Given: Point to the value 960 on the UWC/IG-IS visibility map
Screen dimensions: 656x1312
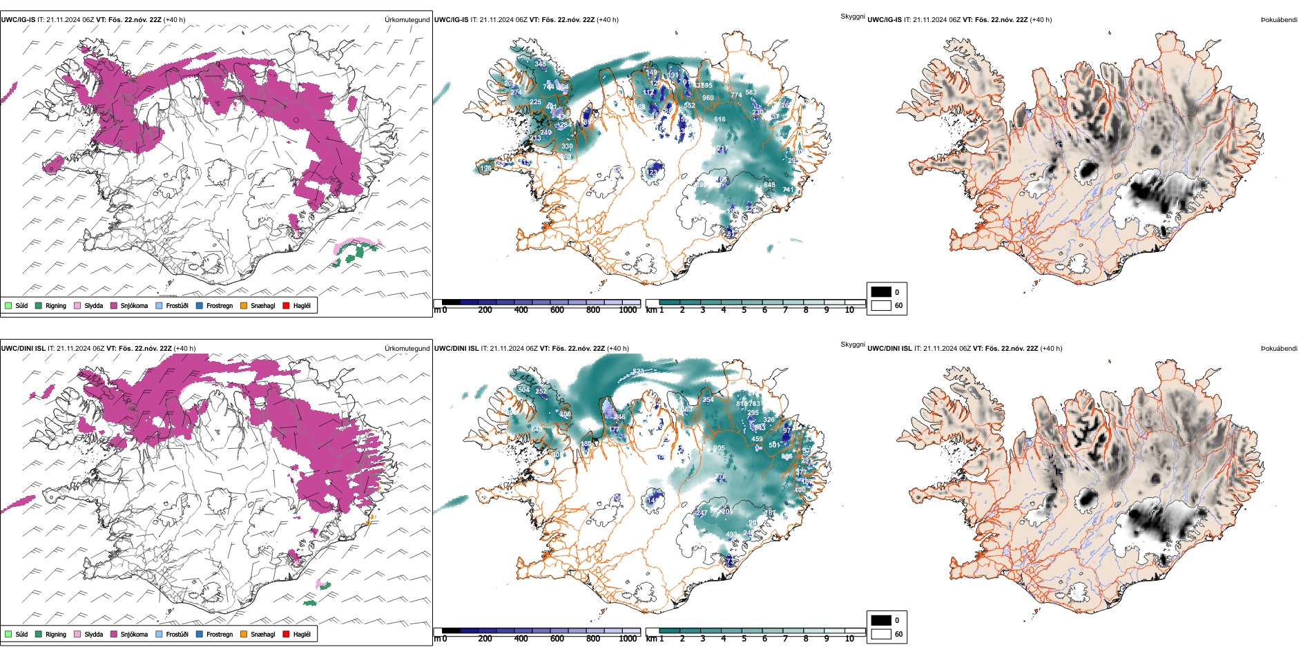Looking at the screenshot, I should point(708,98).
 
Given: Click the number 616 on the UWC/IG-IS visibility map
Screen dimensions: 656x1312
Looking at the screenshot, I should point(720,119).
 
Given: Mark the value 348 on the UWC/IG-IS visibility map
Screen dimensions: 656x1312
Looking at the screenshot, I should point(540,64).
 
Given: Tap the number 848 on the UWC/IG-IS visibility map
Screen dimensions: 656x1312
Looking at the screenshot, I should point(769,185).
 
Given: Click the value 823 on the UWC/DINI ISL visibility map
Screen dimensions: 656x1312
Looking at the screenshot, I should point(638,372).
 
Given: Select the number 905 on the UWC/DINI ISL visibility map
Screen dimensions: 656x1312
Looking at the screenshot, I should point(719,448).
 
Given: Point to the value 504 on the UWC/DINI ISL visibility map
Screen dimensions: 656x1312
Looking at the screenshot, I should point(523,390).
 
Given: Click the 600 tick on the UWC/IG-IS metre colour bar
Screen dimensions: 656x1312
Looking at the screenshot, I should point(557,310).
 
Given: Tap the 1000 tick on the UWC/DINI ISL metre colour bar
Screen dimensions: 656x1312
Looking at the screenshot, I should point(628,639).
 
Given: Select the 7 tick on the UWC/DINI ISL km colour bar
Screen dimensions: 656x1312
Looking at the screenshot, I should point(785,639).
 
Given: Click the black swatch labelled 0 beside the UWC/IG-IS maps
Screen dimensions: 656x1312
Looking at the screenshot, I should point(881,292).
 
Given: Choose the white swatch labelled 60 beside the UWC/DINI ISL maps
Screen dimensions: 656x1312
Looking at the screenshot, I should point(881,634).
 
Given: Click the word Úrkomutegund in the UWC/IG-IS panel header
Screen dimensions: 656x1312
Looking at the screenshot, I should point(407,20).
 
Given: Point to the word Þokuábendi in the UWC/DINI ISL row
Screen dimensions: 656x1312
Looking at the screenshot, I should point(1279,349).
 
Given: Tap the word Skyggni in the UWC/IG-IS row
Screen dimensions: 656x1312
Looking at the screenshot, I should point(852,16).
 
